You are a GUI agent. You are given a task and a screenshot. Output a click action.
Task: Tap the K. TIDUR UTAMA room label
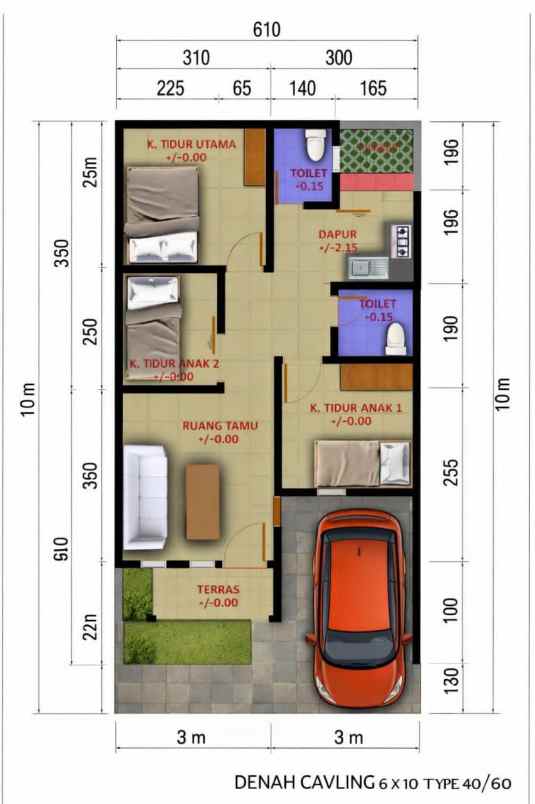tap(191, 145)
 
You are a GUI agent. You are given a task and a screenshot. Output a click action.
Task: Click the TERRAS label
tap(218, 590)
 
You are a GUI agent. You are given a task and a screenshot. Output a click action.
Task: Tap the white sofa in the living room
tap(145, 498)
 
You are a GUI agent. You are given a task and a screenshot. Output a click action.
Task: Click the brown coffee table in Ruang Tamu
tap(203, 500)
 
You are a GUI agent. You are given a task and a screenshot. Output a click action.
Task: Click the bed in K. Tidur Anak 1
tap(362, 463)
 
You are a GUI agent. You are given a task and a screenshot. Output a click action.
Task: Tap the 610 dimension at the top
tap(266, 30)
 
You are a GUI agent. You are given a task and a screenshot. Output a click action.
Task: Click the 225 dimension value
tap(170, 88)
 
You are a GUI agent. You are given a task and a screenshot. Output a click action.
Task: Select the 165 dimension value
tap(372, 88)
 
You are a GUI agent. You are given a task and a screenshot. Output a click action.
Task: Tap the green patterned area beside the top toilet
tap(377, 149)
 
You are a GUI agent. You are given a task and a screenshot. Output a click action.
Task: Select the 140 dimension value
tap(301, 88)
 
